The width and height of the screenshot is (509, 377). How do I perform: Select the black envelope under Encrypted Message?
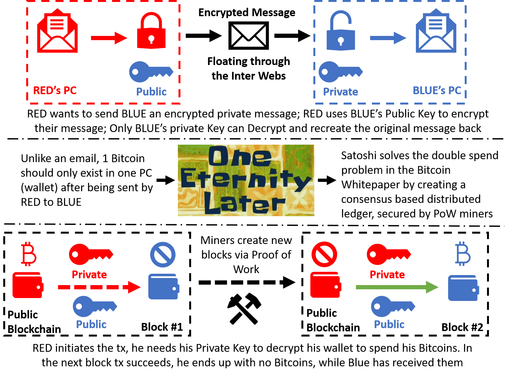point(248,36)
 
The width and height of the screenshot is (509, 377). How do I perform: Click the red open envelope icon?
point(57,31)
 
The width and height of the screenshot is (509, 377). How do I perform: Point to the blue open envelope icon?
point(436,31)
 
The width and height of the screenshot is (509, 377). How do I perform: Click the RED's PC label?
point(55,90)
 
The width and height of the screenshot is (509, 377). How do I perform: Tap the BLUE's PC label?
point(437,90)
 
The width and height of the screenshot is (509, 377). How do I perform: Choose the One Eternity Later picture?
point(246,180)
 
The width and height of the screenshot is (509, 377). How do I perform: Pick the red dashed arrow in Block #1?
point(99,287)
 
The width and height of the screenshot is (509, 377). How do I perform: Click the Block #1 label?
point(162,327)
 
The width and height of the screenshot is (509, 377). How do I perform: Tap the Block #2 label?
point(462,327)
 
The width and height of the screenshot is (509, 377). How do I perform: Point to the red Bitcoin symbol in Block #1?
point(28,254)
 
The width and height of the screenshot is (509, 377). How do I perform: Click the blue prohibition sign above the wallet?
point(163,255)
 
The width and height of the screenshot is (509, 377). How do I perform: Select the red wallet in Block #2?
point(325,285)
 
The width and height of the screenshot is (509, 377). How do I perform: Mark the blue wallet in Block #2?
point(463,288)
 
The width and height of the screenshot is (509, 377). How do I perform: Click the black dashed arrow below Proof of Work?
point(247,283)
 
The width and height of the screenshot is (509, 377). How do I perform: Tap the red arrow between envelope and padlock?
point(109,38)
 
